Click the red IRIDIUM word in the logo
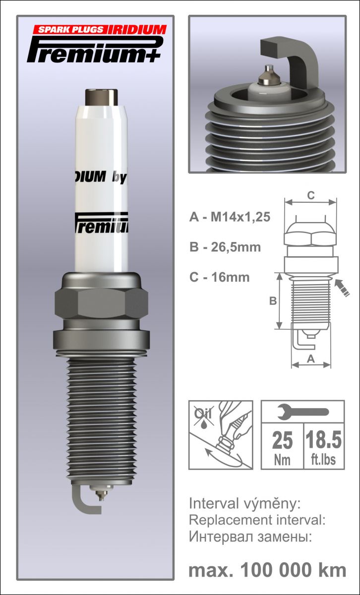pyautogui.click(x=137, y=29)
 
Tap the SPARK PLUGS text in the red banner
pyautogui.click(x=70, y=29)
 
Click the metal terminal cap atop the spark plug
pyautogui.click(x=101, y=97)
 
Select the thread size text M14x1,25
pyautogui.click(x=240, y=217)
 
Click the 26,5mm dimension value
pyautogui.click(x=236, y=247)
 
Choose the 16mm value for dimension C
pyautogui.click(x=231, y=277)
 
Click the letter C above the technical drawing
pyautogui.click(x=310, y=195)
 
